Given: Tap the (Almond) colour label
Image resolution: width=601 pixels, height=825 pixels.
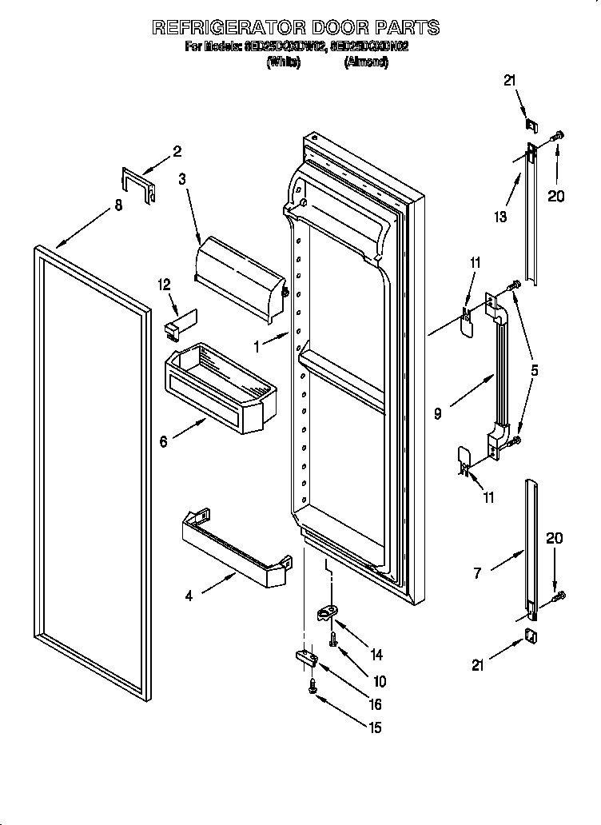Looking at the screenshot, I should [x=366, y=63].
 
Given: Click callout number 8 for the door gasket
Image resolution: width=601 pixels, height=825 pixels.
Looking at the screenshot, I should [x=118, y=205].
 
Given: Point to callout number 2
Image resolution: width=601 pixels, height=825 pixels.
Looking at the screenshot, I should [x=177, y=151].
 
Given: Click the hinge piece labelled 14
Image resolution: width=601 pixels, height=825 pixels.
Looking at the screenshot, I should [x=327, y=612].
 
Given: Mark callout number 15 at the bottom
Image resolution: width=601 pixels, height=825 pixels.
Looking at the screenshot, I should [x=375, y=727].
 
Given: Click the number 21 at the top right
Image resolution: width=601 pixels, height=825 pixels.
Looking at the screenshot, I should [x=510, y=80].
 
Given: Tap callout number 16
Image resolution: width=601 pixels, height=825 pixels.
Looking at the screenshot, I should [x=374, y=704].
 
